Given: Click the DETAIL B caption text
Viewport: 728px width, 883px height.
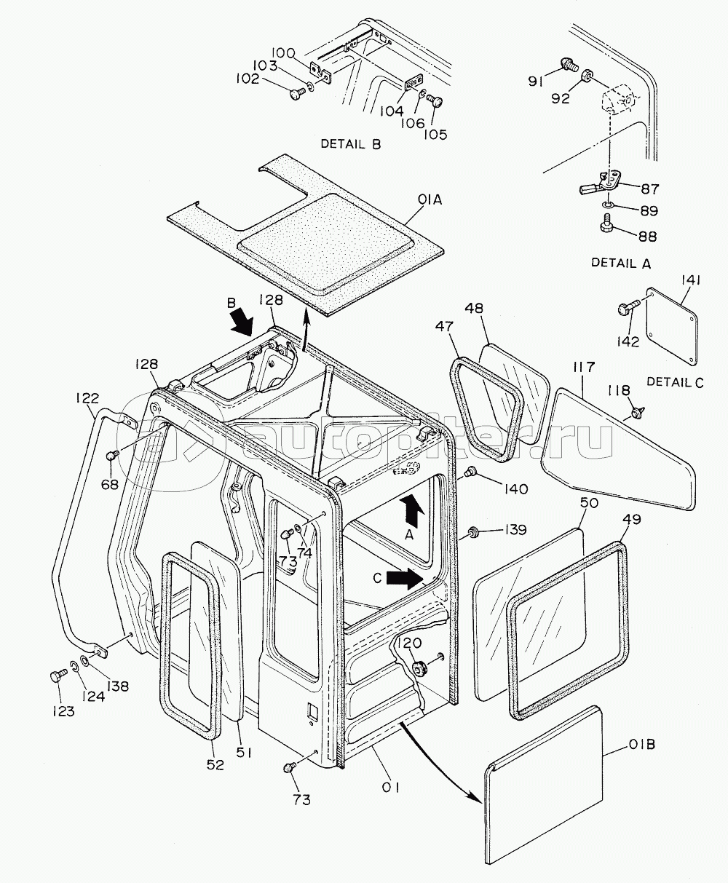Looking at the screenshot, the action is (351, 144).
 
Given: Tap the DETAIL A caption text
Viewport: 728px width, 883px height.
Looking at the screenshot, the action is (620, 263).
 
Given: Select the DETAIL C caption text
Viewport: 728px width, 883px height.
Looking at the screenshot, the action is (675, 382).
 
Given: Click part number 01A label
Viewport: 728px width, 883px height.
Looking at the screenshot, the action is (429, 199).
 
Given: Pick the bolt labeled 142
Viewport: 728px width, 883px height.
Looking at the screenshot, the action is (627, 309).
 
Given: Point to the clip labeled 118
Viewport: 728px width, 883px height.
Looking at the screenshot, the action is (636, 411).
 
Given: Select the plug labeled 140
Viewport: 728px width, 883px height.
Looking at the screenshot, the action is (470, 471).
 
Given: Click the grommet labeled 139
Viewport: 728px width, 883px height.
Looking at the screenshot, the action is (474, 531).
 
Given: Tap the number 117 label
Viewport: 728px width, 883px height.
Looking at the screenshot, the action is (585, 367).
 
